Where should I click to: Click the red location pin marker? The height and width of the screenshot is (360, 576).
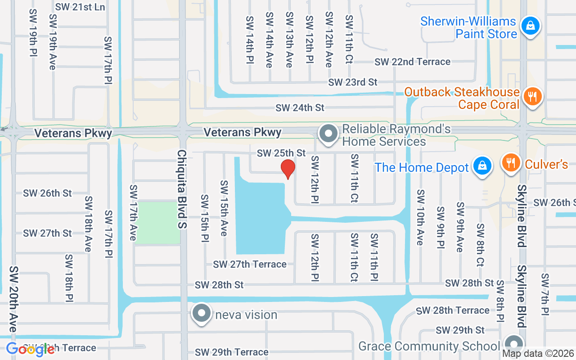click(x=288, y=169)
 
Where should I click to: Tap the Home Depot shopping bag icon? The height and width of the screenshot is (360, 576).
click(x=482, y=166)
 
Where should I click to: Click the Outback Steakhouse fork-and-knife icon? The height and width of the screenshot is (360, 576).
click(x=532, y=96)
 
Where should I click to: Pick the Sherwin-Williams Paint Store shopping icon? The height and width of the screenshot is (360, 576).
click(x=531, y=25)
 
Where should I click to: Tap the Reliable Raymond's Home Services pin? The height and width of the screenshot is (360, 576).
click(x=328, y=134)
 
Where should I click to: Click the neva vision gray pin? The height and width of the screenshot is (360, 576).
click(x=201, y=313)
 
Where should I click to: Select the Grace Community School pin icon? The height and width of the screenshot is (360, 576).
click(x=513, y=344)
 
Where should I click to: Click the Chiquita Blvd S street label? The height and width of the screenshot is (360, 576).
click(x=181, y=189)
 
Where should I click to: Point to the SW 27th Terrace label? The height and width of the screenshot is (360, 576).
click(x=250, y=264)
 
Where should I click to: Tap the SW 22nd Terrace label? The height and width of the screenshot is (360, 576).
click(x=412, y=62)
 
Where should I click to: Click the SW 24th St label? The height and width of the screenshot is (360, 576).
click(x=300, y=108)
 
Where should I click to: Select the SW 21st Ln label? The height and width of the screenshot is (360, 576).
click(x=80, y=7)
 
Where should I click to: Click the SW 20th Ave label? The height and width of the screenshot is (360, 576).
click(x=13, y=299)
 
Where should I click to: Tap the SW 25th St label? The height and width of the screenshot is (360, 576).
click(x=281, y=153)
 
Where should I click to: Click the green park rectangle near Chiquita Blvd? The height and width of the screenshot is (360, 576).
click(x=157, y=223)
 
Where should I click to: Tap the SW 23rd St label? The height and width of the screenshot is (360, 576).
click(x=352, y=82)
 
